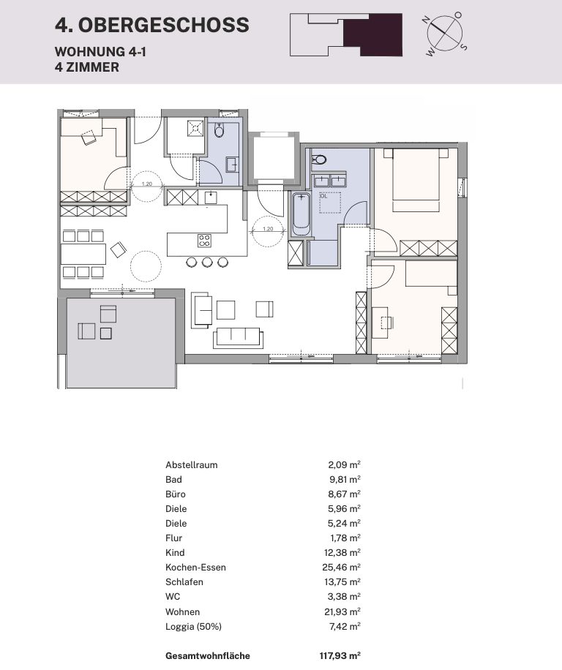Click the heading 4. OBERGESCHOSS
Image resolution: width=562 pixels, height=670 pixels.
(x=151, y=25)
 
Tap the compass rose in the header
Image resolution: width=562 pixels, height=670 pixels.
(x=446, y=33)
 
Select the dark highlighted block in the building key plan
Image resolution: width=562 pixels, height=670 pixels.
(x=372, y=35)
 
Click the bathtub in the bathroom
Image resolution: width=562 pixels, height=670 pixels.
(x=301, y=214)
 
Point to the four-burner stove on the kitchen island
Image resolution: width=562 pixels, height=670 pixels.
(x=204, y=241)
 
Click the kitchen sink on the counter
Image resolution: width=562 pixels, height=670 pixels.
(x=211, y=197)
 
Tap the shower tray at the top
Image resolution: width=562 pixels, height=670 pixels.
(x=195, y=128)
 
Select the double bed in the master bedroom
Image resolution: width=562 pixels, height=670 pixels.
(x=416, y=179)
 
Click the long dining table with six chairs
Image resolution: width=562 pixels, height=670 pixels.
(x=83, y=254)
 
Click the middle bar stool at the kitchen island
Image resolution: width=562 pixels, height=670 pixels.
(x=207, y=262)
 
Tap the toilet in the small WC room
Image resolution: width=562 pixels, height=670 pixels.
(x=220, y=130)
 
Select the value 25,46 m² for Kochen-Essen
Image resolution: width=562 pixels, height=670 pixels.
(x=341, y=568)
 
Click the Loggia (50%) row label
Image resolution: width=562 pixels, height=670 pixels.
(x=194, y=627)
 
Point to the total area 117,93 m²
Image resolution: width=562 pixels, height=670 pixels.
(x=340, y=656)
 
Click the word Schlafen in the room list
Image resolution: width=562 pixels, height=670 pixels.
(x=184, y=582)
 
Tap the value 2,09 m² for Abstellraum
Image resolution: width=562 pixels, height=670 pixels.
(x=344, y=465)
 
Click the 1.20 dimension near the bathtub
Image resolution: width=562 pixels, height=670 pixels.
(x=268, y=229)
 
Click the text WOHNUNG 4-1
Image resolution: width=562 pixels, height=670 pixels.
(x=100, y=52)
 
